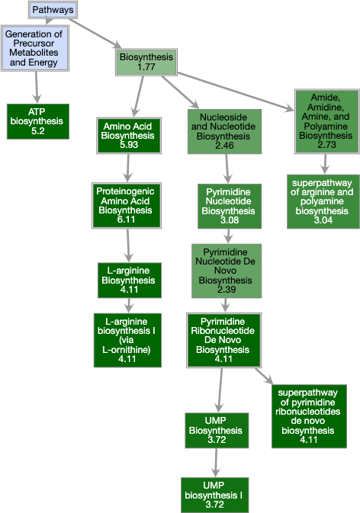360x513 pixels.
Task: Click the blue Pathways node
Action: tap(53, 9)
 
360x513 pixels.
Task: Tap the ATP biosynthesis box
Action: tap(37, 121)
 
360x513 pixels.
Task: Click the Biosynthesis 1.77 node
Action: tap(146, 62)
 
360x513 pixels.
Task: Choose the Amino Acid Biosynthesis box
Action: tap(127, 136)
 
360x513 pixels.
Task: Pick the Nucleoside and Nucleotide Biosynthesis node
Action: tap(224, 130)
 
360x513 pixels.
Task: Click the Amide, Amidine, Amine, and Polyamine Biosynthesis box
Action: tap(324, 121)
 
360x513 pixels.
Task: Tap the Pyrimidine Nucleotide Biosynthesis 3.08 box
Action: tap(223, 206)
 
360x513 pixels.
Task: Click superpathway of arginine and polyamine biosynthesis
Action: tap(323, 201)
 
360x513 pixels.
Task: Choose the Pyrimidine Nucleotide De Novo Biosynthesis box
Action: tap(227, 271)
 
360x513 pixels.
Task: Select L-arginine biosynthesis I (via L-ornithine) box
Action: tap(127, 339)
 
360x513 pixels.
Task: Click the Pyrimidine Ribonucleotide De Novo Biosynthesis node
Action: tap(223, 339)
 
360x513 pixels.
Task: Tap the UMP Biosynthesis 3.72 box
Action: tap(216, 431)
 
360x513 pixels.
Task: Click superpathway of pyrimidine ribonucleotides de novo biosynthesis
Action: tap(308, 415)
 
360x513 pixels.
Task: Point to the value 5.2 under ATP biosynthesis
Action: tap(37, 131)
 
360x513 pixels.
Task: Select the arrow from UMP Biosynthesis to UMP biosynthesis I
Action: tap(216, 463)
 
